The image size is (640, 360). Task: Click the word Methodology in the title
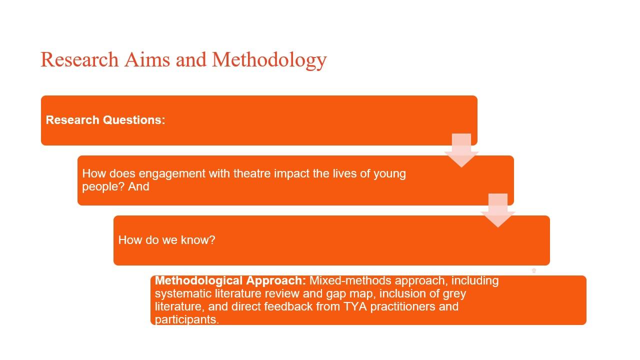tap(269, 60)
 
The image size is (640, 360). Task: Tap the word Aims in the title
tap(147, 59)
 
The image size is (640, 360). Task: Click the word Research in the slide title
tap(79, 59)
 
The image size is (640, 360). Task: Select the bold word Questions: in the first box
tap(134, 120)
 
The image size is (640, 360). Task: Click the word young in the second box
tap(389, 173)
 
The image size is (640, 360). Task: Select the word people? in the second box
tap(103, 187)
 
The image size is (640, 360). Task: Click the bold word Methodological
tap(198, 280)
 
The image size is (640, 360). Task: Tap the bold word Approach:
tap(276, 281)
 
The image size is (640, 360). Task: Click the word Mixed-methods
tap(350, 280)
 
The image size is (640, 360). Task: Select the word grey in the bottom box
tap(454, 294)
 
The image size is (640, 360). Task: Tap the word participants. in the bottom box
tap(187, 319)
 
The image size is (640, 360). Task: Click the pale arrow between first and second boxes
tap(461, 150)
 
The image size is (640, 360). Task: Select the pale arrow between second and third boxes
tap(498, 210)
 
